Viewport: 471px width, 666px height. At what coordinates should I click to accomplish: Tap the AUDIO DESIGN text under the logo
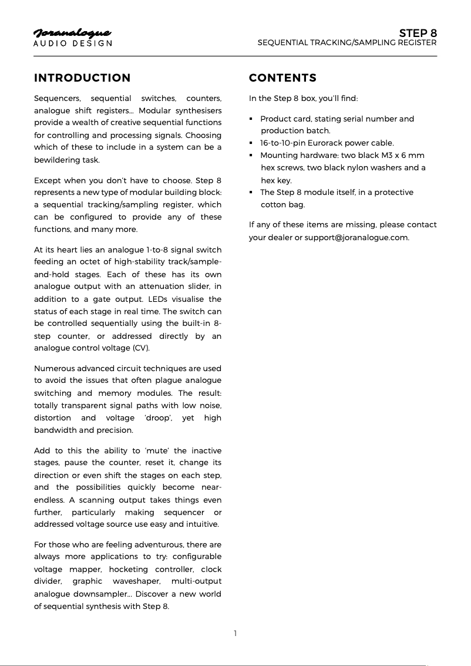(x=72, y=43)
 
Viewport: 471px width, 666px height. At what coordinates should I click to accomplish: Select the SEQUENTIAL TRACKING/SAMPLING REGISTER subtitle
(x=347, y=43)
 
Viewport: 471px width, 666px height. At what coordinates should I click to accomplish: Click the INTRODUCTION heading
(x=82, y=78)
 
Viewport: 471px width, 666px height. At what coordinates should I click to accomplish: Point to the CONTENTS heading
(x=282, y=78)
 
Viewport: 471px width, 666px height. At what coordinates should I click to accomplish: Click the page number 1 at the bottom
(x=235, y=633)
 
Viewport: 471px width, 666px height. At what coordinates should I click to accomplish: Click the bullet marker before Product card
(x=251, y=119)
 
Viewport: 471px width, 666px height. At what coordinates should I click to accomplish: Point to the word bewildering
(x=59, y=160)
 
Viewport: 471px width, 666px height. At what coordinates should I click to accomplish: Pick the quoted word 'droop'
(x=154, y=418)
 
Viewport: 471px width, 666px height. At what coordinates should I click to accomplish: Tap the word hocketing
(x=127, y=569)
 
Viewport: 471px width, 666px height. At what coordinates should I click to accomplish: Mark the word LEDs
(x=164, y=299)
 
